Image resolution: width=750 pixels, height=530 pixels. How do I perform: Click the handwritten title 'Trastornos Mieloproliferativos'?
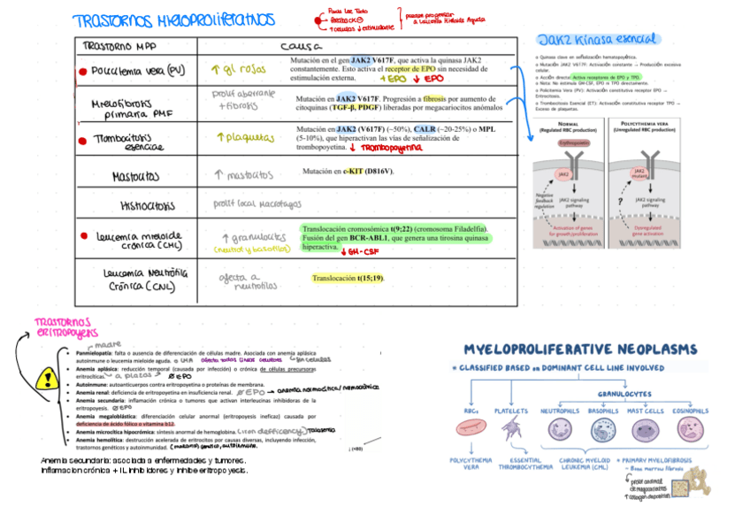pos(173,20)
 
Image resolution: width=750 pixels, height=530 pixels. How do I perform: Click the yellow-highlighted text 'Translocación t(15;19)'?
pos(348,278)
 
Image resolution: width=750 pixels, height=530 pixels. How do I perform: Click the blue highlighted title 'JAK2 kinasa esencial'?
pos(597,39)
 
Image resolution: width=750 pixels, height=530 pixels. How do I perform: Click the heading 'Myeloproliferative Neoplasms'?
pos(580,350)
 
